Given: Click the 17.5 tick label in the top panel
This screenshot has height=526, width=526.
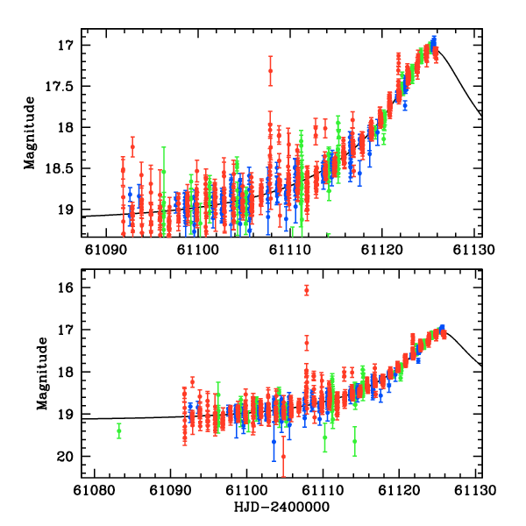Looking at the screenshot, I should pyautogui.click(x=63, y=86).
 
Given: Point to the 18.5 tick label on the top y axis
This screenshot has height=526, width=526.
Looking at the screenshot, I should pyautogui.click(x=63, y=168).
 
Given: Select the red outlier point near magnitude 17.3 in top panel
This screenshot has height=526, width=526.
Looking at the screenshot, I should pyautogui.click(x=270, y=70).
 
